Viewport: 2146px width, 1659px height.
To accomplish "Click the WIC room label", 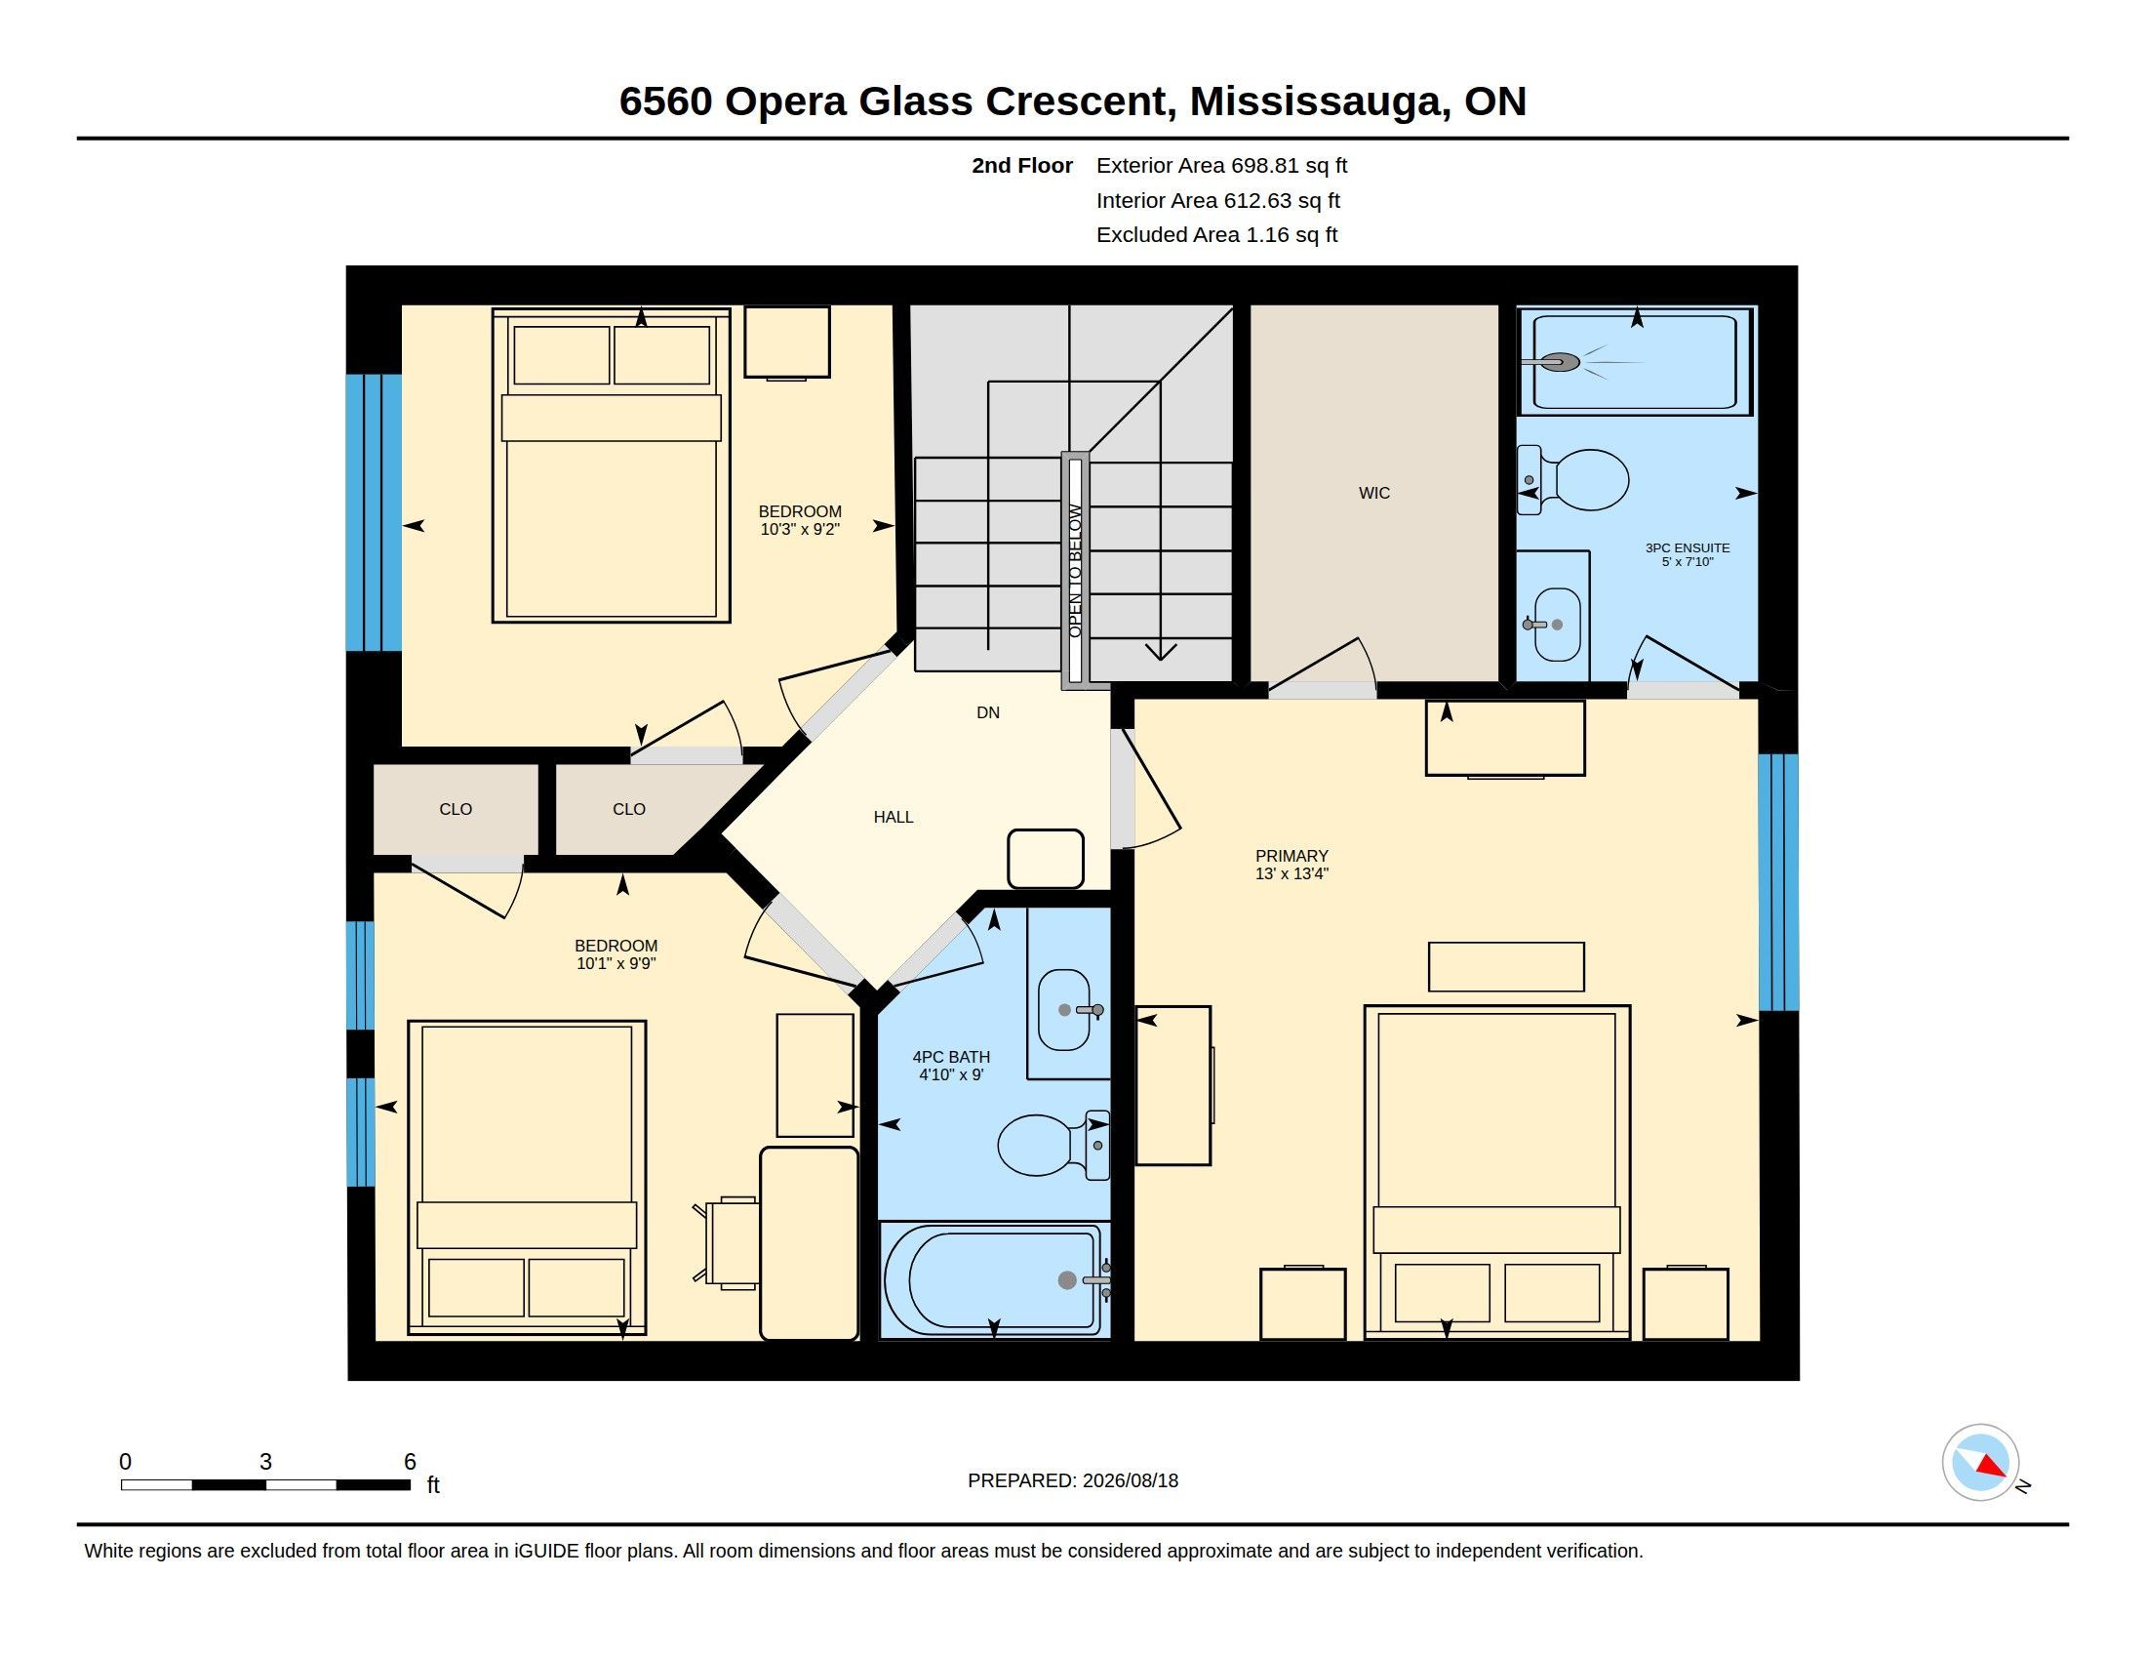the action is [1373, 494].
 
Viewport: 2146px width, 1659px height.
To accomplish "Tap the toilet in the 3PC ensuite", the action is [1572, 479].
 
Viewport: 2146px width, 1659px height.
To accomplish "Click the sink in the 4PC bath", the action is [1064, 1009].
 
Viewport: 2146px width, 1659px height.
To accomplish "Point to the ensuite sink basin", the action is [1558, 626].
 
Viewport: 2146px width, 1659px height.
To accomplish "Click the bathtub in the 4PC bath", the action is [992, 1279].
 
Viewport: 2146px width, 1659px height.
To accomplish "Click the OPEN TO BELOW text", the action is [1075, 571].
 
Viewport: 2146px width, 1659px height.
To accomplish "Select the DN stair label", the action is [987, 712].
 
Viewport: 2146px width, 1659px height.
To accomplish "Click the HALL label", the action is [894, 817].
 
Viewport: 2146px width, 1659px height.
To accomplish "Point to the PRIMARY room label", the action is [1292, 856].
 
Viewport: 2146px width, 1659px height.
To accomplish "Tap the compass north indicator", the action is [1991, 1468].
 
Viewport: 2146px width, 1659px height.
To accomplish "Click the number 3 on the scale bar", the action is [265, 1462].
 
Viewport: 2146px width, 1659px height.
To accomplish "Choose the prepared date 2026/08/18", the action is [1130, 1480].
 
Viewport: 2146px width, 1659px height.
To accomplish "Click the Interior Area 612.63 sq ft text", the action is [1217, 200].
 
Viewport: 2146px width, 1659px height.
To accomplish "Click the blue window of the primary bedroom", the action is [1777, 881].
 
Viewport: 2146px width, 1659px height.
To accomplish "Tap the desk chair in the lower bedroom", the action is [727, 1242].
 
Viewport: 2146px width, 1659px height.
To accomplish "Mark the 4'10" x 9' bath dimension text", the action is [950, 1075].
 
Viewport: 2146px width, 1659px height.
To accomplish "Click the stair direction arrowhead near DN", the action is [1161, 651].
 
